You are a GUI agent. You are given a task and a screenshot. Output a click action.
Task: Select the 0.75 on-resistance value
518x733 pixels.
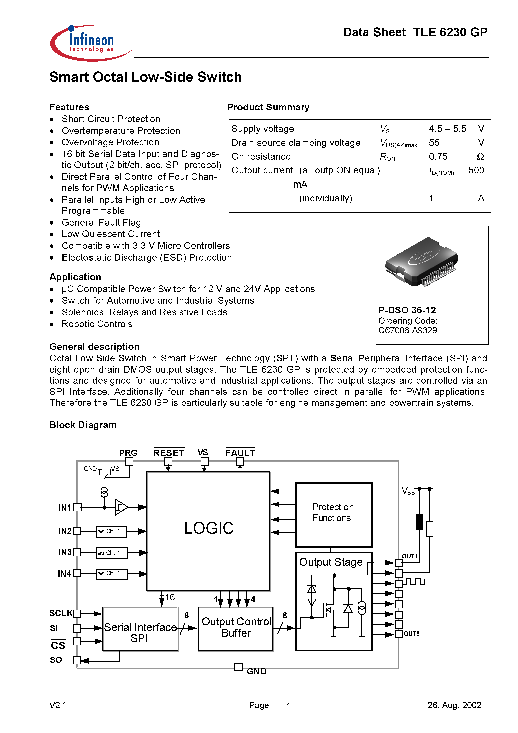click(438, 156)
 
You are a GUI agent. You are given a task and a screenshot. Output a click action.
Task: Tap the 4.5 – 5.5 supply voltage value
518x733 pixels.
click(447, 129)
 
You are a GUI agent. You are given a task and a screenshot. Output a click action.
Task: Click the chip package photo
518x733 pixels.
click(421, 262)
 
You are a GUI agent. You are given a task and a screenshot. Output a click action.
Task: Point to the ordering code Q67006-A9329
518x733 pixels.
click(407, 330)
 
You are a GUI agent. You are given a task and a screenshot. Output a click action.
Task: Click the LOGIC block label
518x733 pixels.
click(209, 528)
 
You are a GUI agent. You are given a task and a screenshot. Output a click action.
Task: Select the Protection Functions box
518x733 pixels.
click(333, 515)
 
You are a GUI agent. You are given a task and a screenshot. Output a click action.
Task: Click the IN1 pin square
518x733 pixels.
click(77, 507)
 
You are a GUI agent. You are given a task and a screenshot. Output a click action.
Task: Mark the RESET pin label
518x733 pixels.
click(169, 453)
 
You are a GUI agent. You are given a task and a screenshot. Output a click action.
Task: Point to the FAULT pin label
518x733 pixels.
click(240, 453)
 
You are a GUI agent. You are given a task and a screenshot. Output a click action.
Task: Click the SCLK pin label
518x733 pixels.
click(61, 613)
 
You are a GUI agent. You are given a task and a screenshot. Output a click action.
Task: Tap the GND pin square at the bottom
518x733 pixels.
click(238, 667)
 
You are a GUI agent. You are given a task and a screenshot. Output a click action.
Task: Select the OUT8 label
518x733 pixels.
click(412, 634)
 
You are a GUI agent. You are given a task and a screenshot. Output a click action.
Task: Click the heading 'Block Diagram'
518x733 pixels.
click(83, 425)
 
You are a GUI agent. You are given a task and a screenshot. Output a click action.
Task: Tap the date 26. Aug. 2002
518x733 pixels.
click(454, 705)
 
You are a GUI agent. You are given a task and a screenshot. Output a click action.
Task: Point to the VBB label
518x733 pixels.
click(408, 491)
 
